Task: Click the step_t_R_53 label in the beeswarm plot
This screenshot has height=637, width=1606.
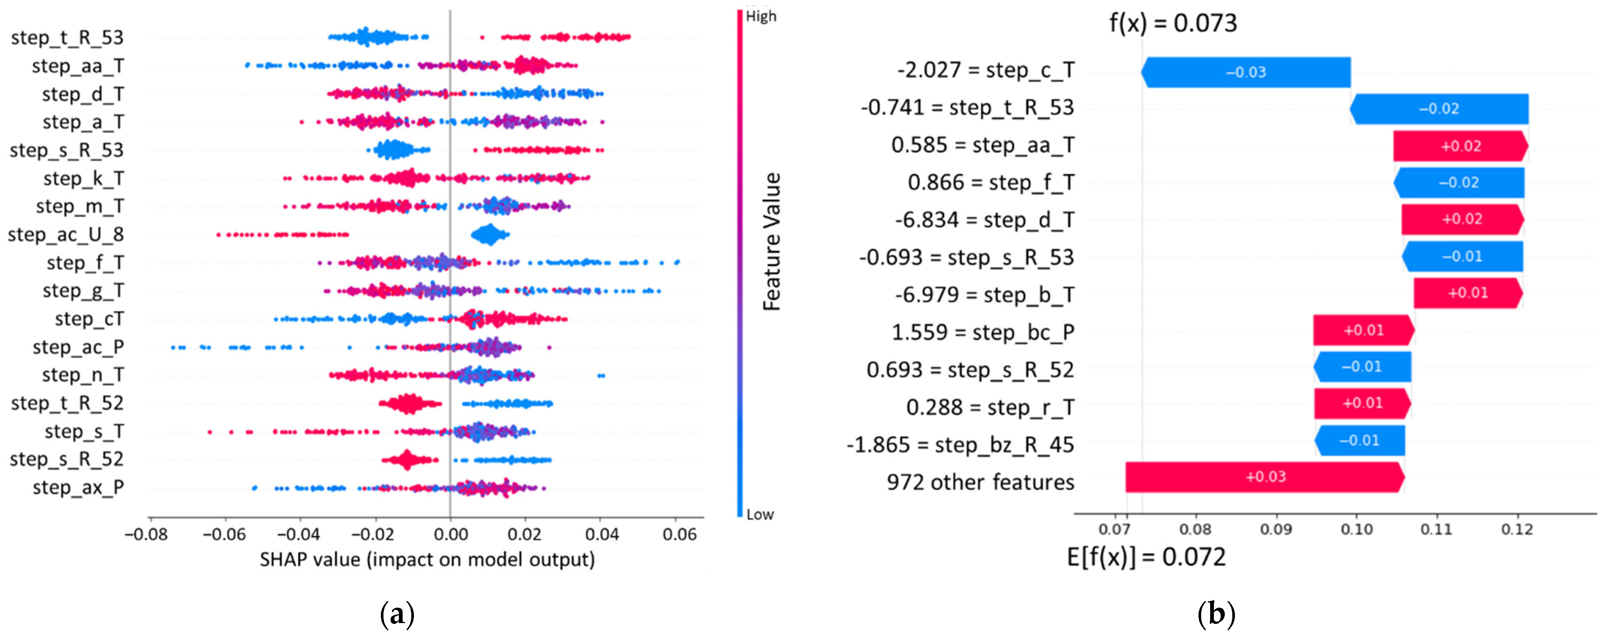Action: (x=67, y=38)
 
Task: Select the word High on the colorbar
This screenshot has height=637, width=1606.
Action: (x=761, y=16)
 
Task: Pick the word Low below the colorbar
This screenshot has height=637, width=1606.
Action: (x=760, y=515)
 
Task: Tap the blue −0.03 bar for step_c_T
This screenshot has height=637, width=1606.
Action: (x=1246, y=73)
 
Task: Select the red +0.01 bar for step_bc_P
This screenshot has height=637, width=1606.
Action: (x=1363, y=330)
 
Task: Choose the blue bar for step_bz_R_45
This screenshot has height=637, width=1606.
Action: (x=1359, y=440)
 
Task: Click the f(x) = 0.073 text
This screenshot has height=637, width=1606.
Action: (x=1173, y=23)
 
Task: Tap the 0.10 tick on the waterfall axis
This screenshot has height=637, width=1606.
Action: (x=1357, y=530)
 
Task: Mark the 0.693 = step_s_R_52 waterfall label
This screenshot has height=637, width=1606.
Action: (x=970, y=370)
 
